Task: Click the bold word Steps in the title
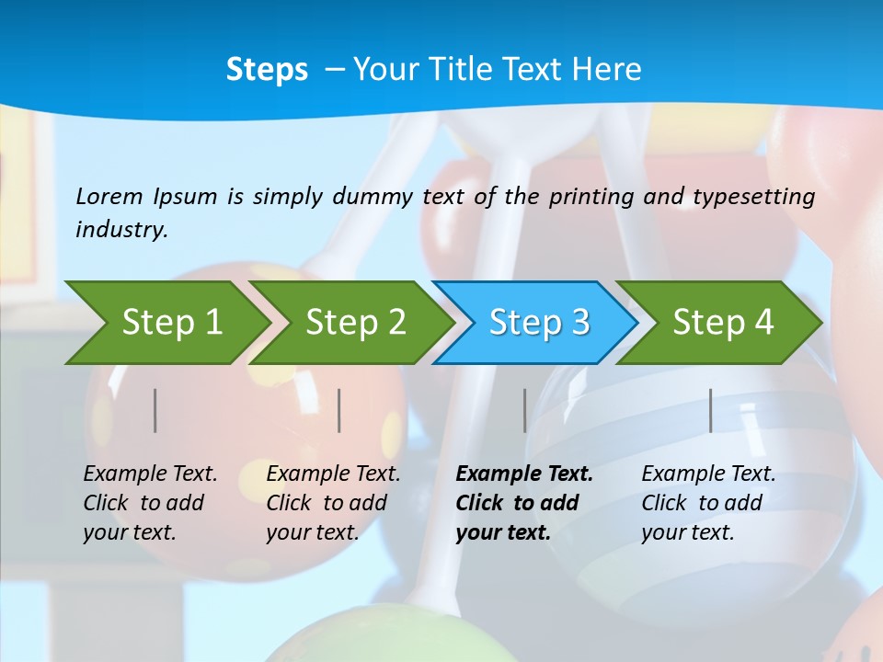coord(267,70)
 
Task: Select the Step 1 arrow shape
coord(166,322)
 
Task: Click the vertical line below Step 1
coord(155,410)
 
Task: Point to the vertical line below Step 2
coord(339,410)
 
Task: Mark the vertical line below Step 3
coord(524,410)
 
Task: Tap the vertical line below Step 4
coord(710,410)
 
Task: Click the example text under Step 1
coord(150,503)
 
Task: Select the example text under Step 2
coord(333,503)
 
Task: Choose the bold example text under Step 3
coord(523,503)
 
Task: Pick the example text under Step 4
coord(708,503)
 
